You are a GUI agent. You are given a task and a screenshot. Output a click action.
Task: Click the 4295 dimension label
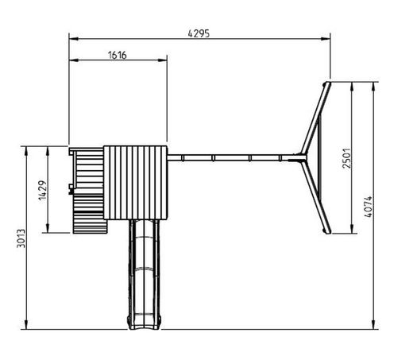click(199, 33)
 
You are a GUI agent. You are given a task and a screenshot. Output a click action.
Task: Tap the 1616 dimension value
click(118, 55)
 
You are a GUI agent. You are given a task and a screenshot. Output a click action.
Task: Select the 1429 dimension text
click(43, 190)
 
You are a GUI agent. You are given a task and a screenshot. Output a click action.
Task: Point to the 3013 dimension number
click(21, 238)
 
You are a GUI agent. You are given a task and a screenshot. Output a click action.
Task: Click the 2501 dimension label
click(346, 158)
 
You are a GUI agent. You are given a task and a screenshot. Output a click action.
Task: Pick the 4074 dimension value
click(368, 207)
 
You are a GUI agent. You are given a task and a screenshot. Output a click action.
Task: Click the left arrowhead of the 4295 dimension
click(74, 39)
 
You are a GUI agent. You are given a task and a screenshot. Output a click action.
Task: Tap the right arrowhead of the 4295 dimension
click(326, 39)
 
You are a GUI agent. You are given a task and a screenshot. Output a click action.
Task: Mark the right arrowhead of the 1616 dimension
click(162, 60)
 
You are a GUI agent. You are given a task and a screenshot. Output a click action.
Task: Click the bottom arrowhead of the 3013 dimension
click(26, 325)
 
